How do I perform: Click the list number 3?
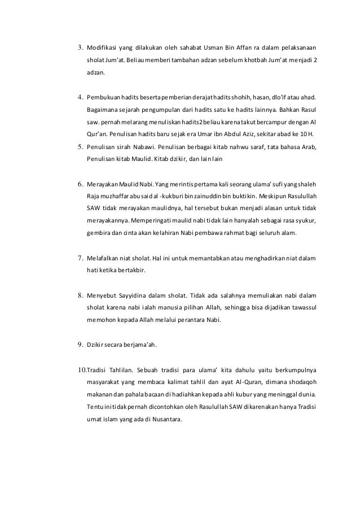click(x=80, y=47)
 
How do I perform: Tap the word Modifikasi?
click(x=103, y=47)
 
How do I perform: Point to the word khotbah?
click(x=262, y=60)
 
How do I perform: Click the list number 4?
click(x=80, y=97)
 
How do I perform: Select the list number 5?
click(x=80, y=147)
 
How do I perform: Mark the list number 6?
click(x=80, y=184)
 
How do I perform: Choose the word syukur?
click(x=305, y=220)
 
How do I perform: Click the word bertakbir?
click(x=129, y=271)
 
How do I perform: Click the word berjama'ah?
click(x=139, y=344)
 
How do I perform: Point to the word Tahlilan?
click(x=120, y=370)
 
